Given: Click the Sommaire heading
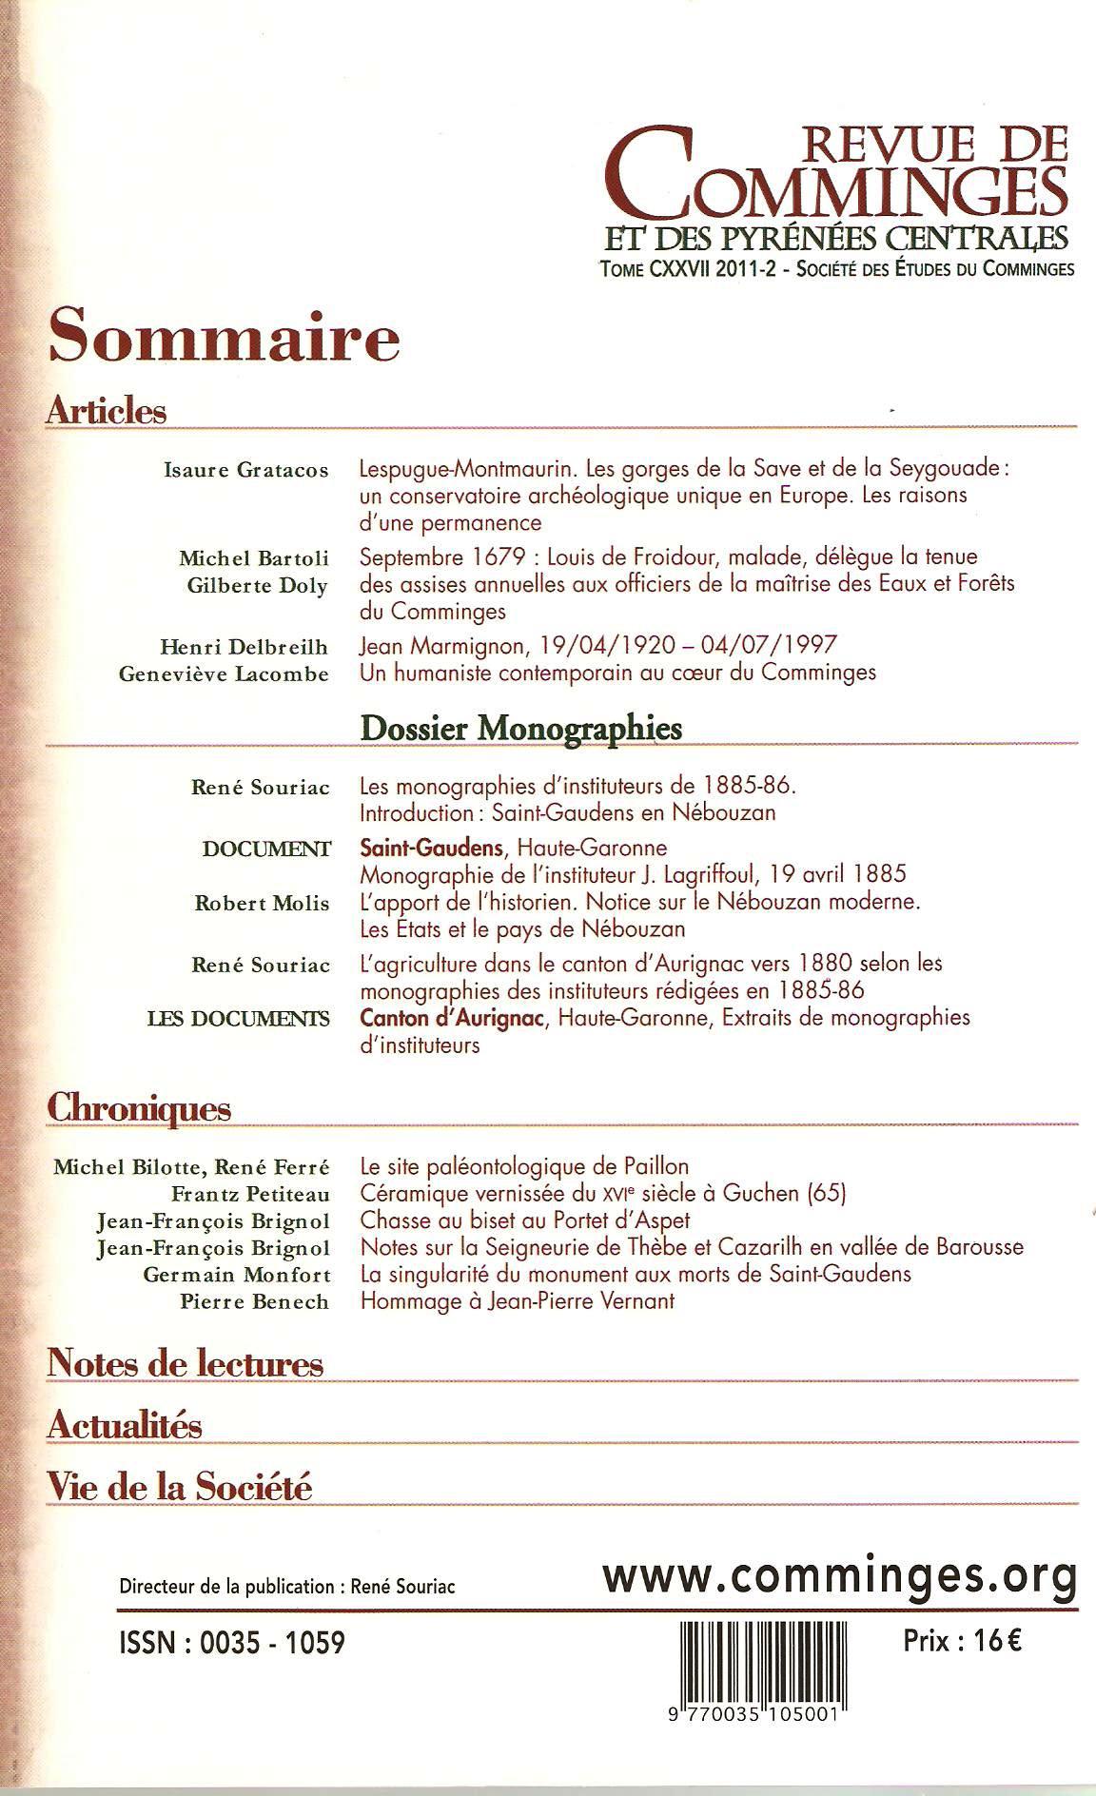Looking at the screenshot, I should (224, 338).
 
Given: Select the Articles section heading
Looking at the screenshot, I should (106, 411).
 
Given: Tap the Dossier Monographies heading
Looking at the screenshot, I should (521, 728).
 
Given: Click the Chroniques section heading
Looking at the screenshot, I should (139, 1108).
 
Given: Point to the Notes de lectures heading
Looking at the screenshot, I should (186, 1364).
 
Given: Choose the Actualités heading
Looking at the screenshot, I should (125, 1426).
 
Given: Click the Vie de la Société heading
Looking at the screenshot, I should (180, 1486).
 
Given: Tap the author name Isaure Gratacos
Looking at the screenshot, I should (246, 470).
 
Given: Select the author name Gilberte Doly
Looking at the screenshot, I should (257, 585).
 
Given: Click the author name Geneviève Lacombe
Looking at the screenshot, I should (224, 673).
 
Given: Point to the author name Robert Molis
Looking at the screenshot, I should (262, 904).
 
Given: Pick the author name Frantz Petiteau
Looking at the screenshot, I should (250, 1194).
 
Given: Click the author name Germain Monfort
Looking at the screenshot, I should (237, 1275).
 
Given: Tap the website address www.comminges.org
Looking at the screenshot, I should (840, 1576).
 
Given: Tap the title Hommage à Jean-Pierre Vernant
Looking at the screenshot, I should (517, 1300).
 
